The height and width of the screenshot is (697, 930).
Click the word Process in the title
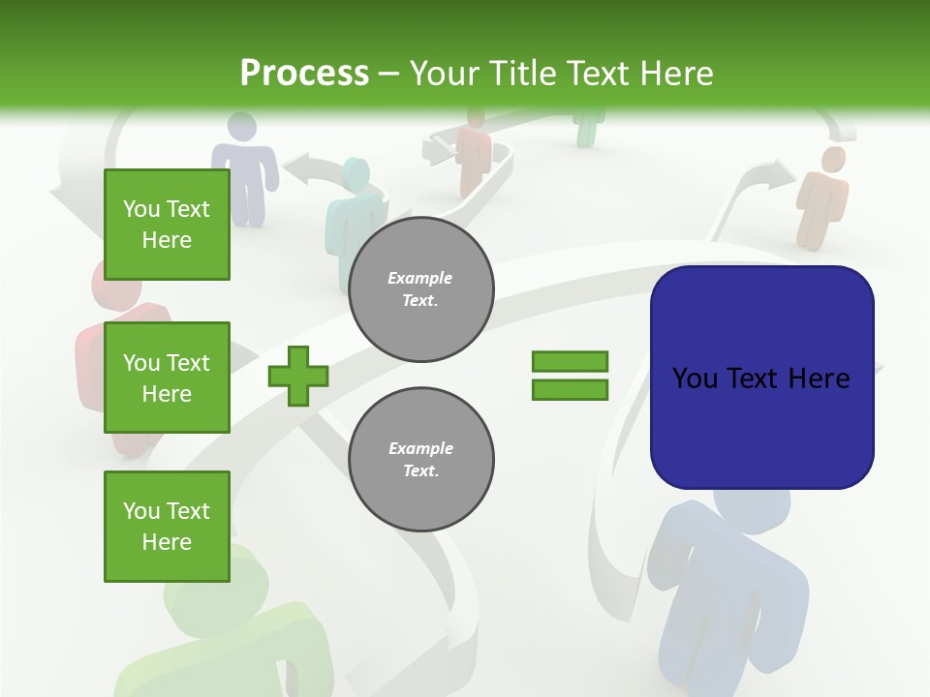pos(304,74)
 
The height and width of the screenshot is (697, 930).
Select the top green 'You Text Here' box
pos(167,225)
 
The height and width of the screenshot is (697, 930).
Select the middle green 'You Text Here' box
pos(167,378)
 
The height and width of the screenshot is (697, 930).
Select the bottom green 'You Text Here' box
pos(167,527)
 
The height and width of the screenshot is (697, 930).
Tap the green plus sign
pos(298,376)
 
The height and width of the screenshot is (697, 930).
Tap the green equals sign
pos(570,376)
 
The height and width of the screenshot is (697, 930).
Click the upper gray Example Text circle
pos(421,289)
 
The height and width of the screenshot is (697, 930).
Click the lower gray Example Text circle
pos(421,460)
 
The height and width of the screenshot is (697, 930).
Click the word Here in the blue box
pos(819,379)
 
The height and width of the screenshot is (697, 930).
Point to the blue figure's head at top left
pos(241,128)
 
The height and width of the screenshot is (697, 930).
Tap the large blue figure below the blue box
pos(727,591)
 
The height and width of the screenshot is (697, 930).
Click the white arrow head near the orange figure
pos(776,174)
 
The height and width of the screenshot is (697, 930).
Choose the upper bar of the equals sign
pos(570,362)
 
